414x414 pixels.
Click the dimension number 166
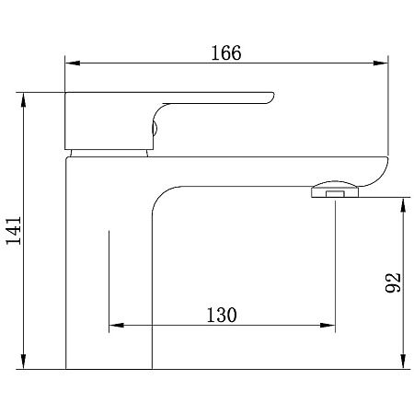(226, 52)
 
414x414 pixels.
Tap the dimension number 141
(14, 230)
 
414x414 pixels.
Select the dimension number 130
(222, 315)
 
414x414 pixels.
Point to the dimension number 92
(393, 282)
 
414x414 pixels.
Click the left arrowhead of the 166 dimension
(73, 63)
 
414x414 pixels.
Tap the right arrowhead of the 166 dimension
(381, 63)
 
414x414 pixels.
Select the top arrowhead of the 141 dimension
(23, 99)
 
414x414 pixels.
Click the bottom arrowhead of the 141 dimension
(23, 362)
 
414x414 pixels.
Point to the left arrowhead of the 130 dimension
(117, 325)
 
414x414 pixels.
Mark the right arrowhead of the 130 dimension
(328, 325)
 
